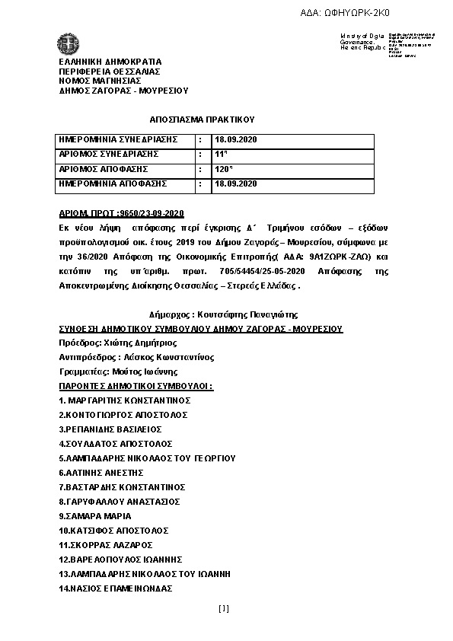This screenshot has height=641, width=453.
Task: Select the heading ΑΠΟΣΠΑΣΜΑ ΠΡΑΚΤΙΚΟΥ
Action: pos(202,120)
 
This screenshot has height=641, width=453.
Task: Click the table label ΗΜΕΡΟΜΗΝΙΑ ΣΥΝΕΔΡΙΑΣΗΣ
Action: pos(119,140)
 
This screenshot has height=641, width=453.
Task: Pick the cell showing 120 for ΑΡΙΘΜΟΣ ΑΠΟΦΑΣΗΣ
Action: pos(224,169)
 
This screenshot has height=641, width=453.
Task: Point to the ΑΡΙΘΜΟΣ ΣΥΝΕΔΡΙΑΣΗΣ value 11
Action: pos(222,155)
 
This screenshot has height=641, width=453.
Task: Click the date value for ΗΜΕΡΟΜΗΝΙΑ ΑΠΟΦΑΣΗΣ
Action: pos(236,183)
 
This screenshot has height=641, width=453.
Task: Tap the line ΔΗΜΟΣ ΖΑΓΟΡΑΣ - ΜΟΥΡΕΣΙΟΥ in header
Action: pos(123,91)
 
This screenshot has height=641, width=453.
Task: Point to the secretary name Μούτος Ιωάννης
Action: pos(144,372)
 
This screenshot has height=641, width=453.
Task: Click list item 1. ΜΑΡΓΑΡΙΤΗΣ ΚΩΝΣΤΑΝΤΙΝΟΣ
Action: pos(124,400)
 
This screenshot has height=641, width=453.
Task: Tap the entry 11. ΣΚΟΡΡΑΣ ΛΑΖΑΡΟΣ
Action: pos(106,545)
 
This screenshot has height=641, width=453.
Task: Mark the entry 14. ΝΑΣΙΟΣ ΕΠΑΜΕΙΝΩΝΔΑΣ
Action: pos(116,588)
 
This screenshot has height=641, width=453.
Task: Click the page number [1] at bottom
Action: pos(223,608)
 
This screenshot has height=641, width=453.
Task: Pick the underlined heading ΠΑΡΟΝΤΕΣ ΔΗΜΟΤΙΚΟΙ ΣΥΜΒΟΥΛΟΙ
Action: pos(136,386)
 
